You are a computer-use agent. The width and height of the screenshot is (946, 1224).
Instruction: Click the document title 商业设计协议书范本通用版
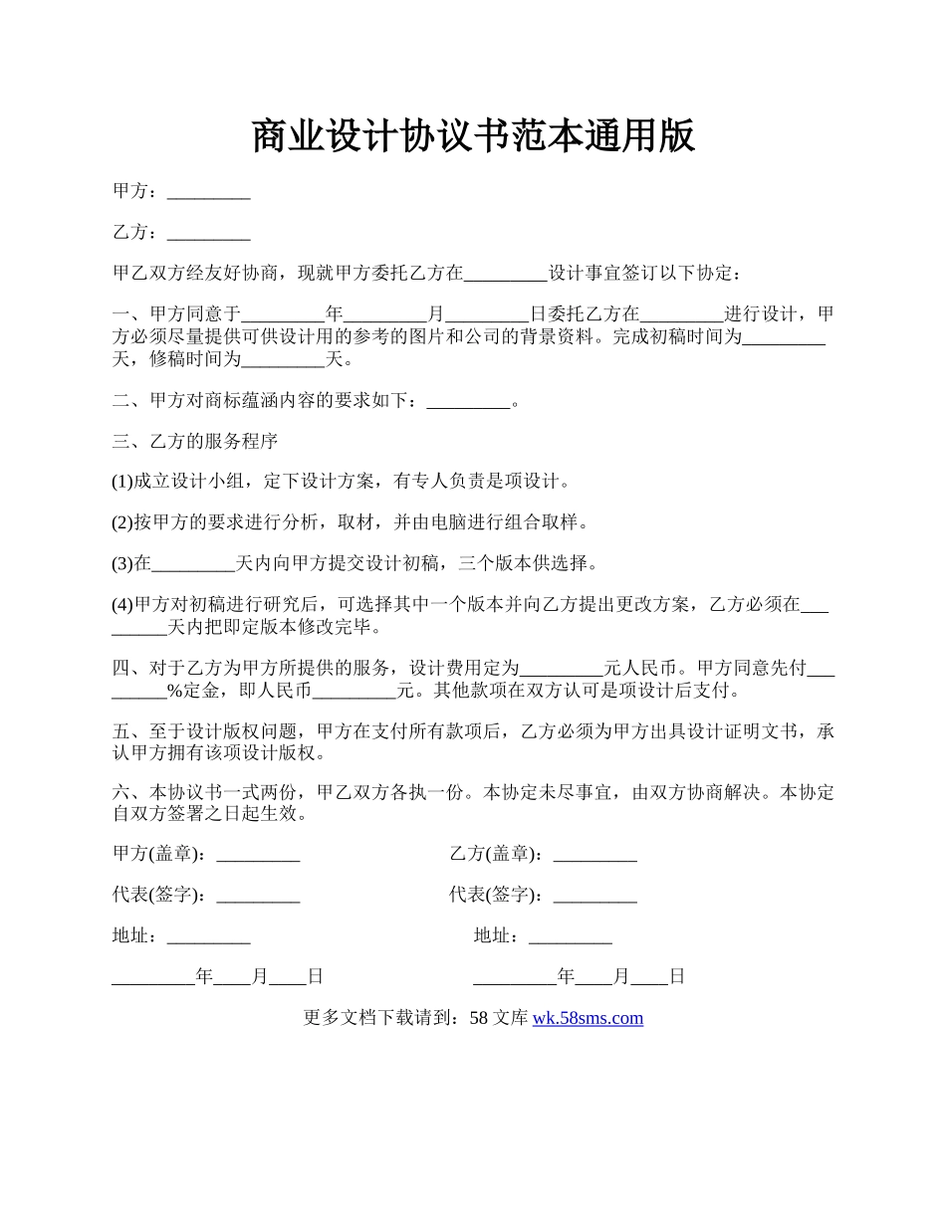tap(472, 135)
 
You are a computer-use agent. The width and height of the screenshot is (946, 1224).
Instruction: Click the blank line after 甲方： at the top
tap(208, 192)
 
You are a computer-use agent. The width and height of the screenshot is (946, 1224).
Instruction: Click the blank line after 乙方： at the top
tap(208, 233)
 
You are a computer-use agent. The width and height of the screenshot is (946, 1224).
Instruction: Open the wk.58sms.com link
tap(588, 1018)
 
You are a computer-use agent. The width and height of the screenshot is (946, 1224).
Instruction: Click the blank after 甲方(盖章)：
tap(258, 854)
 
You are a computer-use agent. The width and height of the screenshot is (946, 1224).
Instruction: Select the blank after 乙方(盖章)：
tap(594, 854)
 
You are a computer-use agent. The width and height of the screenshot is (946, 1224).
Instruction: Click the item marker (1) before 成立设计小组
tap(122, 482)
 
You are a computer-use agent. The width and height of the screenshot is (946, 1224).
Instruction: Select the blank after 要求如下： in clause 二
tap(467, 401)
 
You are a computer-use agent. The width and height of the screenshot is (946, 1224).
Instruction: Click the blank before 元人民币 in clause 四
tap(563, 668)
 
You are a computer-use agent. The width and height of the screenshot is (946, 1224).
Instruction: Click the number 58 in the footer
tap(478, 1018)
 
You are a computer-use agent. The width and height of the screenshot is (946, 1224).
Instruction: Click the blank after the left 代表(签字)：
tap(258, 895)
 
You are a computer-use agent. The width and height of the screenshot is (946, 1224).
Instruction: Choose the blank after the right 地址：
tap(570, 936)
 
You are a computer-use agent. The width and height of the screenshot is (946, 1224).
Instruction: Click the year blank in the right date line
tap(515, 977)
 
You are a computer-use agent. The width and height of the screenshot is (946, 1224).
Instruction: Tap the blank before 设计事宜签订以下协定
tap(507, 274)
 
